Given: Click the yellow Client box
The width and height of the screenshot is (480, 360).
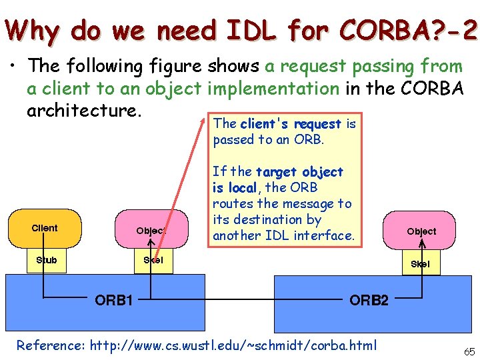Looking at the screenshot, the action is [45, 228].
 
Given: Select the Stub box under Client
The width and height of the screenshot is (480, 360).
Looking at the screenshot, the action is [46, 260].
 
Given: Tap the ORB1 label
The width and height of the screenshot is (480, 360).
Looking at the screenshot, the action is [113, 300].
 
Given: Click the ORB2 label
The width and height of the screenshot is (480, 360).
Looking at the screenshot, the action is [369, 300].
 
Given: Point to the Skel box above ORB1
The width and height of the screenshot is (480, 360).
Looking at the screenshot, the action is [153, 260].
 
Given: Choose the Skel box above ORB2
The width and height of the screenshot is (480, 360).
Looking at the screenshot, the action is [420, 264].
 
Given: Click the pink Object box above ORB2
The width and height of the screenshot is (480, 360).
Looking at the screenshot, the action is [421, 231].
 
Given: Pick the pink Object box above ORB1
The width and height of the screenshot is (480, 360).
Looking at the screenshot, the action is [151, 231].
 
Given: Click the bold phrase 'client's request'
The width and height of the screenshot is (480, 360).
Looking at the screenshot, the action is [291, 124].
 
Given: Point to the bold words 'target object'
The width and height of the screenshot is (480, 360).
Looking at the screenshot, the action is [299, 172].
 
